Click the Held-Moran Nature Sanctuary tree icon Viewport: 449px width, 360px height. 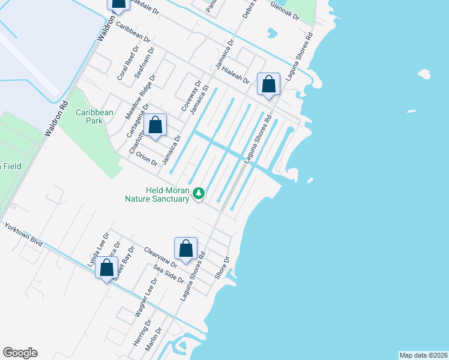pos(198,193)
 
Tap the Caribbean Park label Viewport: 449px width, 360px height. pos(94,116)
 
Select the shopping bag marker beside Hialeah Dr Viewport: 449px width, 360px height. pos(268,84)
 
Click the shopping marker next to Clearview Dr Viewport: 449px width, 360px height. pos(185,248)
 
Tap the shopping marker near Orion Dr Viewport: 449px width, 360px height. pos(155,125)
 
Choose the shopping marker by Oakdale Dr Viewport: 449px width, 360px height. pos(118,4)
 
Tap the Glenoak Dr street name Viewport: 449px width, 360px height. pos(285,13)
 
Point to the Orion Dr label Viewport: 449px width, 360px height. pos(146,158)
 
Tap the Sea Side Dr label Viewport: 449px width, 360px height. pos(169,274)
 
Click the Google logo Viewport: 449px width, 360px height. pos(20,353)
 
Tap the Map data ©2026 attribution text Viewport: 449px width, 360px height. pos(423,355)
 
